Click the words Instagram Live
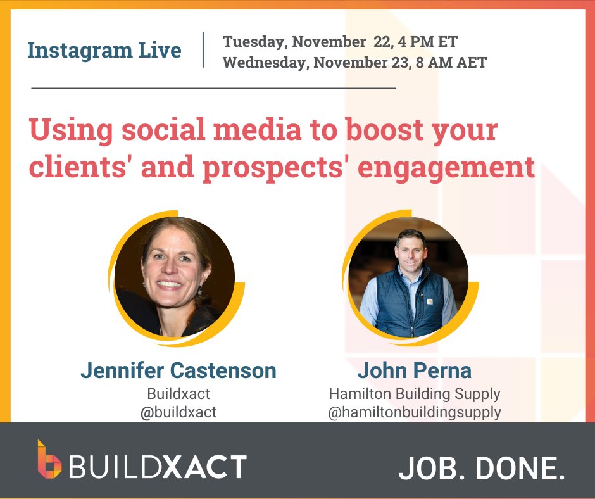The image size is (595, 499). (104, 51)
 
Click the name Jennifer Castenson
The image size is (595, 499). (178, 370)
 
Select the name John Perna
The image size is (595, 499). (414, 370)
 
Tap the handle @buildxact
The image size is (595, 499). (178, 412)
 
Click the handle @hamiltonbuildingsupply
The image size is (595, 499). (414, 412)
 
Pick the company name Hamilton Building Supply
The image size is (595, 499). (414, 393)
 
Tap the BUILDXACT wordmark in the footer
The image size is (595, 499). (158, 467)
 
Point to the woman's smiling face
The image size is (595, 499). (170, 272)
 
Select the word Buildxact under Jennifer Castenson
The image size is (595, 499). (178, 393)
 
